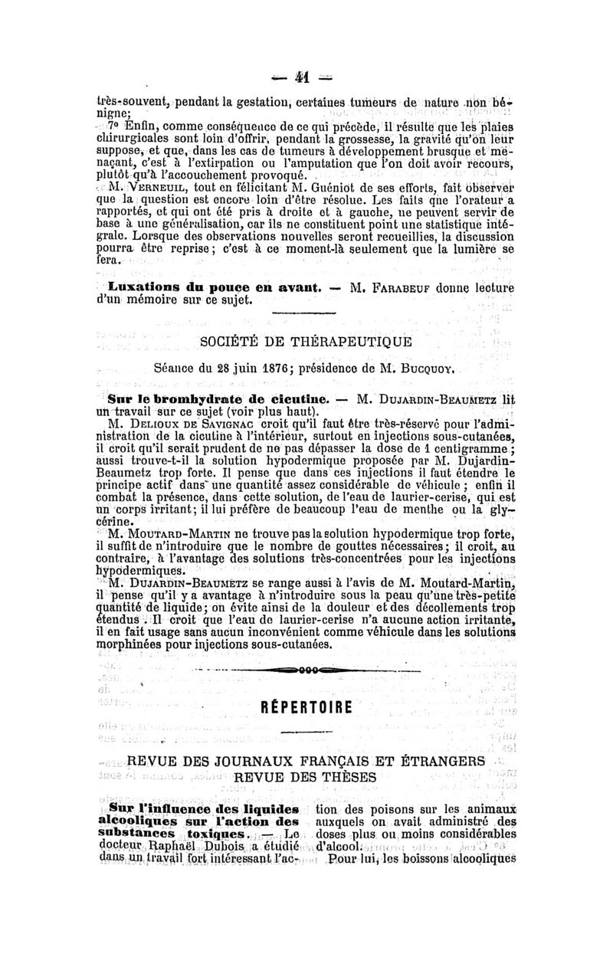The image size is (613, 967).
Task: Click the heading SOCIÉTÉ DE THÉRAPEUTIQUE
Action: (306, 340)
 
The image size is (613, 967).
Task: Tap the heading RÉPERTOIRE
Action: (306, 706)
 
